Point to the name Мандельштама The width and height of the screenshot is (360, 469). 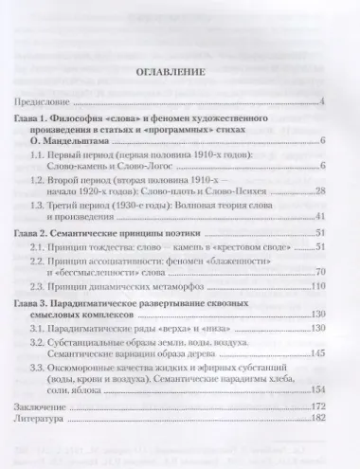tap(55, 140)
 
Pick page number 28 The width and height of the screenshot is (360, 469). tap(320, 191)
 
